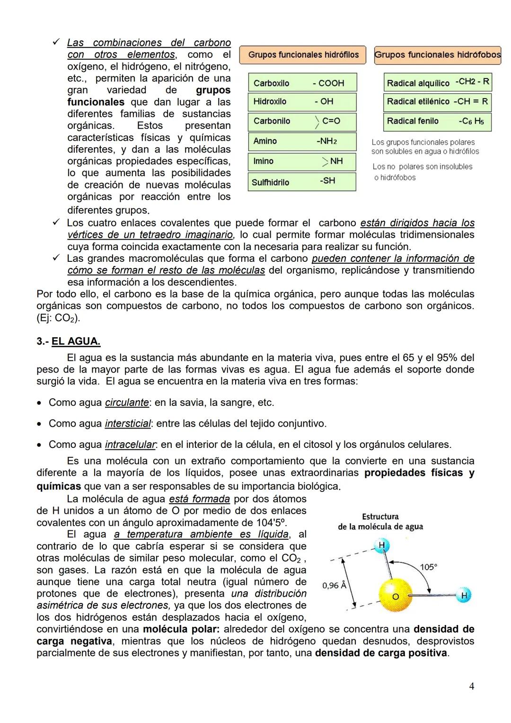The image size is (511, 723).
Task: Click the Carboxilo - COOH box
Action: (302, 82)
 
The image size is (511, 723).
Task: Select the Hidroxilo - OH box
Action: (302, 102)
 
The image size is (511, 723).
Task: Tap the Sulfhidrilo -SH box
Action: (302, 182)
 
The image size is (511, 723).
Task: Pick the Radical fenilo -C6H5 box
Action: (437, 122)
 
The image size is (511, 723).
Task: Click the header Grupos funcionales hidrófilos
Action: (303, 55)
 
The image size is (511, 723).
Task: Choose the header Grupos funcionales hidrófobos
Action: (437, 55)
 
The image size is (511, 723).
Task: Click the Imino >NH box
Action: (302, 161)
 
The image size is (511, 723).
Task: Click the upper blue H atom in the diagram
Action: (381, 545)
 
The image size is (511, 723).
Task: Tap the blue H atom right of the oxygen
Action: (464, 596)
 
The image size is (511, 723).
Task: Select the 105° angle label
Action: (429, 567)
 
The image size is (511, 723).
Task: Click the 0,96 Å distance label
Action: (334, 586)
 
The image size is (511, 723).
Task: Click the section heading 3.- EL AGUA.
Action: (69, 341)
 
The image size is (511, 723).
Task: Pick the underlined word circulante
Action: (127, 402)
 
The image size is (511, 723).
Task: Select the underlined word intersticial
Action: (128, 423)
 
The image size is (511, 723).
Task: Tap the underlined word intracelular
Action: (130, 445)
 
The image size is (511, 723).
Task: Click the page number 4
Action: (471, 686)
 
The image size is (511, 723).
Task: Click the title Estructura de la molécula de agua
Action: (380, 521)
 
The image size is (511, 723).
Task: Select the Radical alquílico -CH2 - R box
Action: (437, 82)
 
